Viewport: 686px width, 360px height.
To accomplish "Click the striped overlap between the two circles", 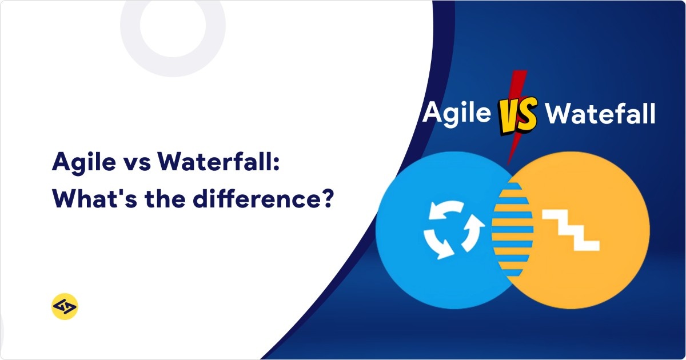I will pos(512,229).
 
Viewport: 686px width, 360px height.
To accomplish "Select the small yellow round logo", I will pos(64,307).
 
